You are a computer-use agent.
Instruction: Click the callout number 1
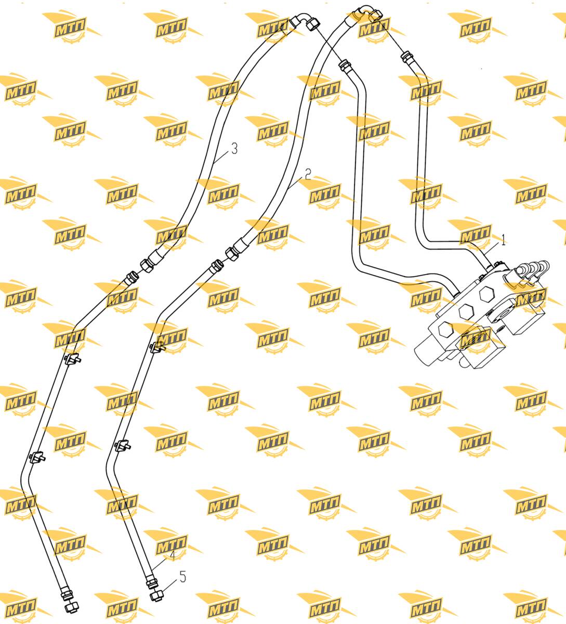[504, 240]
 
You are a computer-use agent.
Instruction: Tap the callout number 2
[308, 174]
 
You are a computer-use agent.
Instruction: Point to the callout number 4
[172, 555]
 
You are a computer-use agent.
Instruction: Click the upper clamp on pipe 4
[157, 346]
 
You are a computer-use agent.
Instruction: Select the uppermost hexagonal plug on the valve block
[486, 294]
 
